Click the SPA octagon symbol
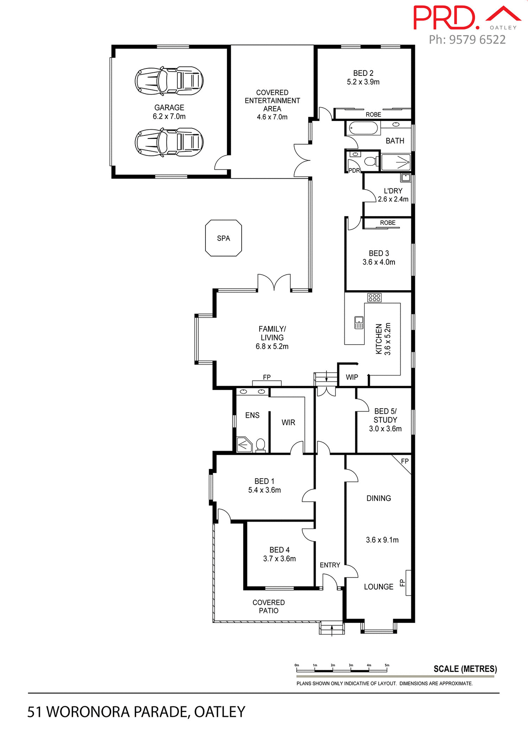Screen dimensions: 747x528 click(223, 238)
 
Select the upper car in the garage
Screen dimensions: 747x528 click(169, 81)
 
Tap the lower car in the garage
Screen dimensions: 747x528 click(169, 142)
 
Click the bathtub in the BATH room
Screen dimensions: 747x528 click(363, 128)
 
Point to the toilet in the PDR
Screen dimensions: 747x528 click(370, 161)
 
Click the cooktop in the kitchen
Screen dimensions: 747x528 click(374, 298)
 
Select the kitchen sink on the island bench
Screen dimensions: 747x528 click(359, 323)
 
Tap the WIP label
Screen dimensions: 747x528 click(352, 377)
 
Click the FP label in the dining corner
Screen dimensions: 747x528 click(405, 461)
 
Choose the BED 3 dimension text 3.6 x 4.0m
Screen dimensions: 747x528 click(379, 262)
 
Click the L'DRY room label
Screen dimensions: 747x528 click(393, 191)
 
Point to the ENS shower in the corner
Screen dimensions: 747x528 click(244, 444)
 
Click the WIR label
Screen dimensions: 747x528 click(288, 423)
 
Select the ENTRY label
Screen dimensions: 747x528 click(330, 565)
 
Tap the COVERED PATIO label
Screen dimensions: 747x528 click(268, 607)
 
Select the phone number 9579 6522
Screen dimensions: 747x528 click(477, 40)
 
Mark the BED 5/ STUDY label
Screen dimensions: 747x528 click(385, 416)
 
